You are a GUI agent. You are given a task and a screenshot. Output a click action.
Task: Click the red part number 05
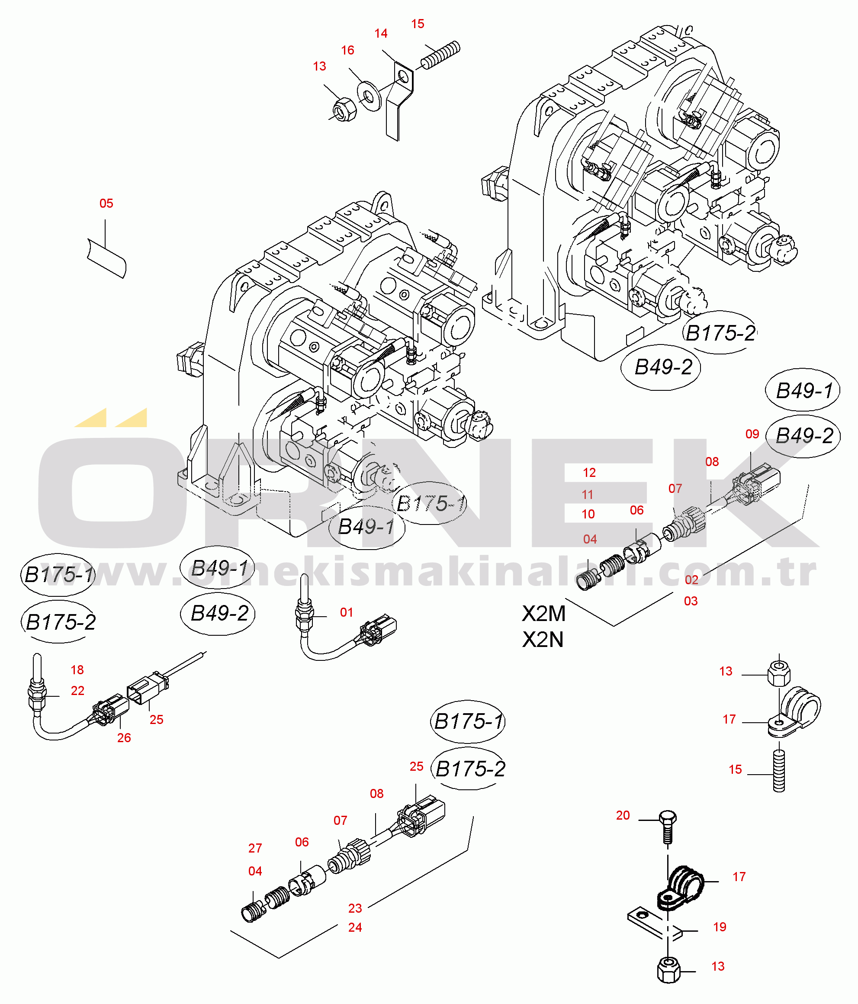106,203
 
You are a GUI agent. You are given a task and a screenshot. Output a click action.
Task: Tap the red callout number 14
381,33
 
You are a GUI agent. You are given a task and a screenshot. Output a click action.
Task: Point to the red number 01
347,612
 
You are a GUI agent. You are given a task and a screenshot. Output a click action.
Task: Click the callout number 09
752,434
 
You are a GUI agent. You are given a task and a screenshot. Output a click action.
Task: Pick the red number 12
589,473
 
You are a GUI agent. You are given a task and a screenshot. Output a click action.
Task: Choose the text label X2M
543,614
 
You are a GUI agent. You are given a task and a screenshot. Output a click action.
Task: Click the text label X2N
543,640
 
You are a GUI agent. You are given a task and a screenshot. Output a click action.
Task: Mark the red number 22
77,691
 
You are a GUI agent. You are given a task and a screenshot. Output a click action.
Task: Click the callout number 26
124,737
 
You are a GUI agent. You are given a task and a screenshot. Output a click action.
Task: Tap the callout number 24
355,927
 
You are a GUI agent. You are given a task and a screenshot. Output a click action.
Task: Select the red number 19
720,927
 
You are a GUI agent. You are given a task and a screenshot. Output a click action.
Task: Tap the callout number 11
588,494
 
